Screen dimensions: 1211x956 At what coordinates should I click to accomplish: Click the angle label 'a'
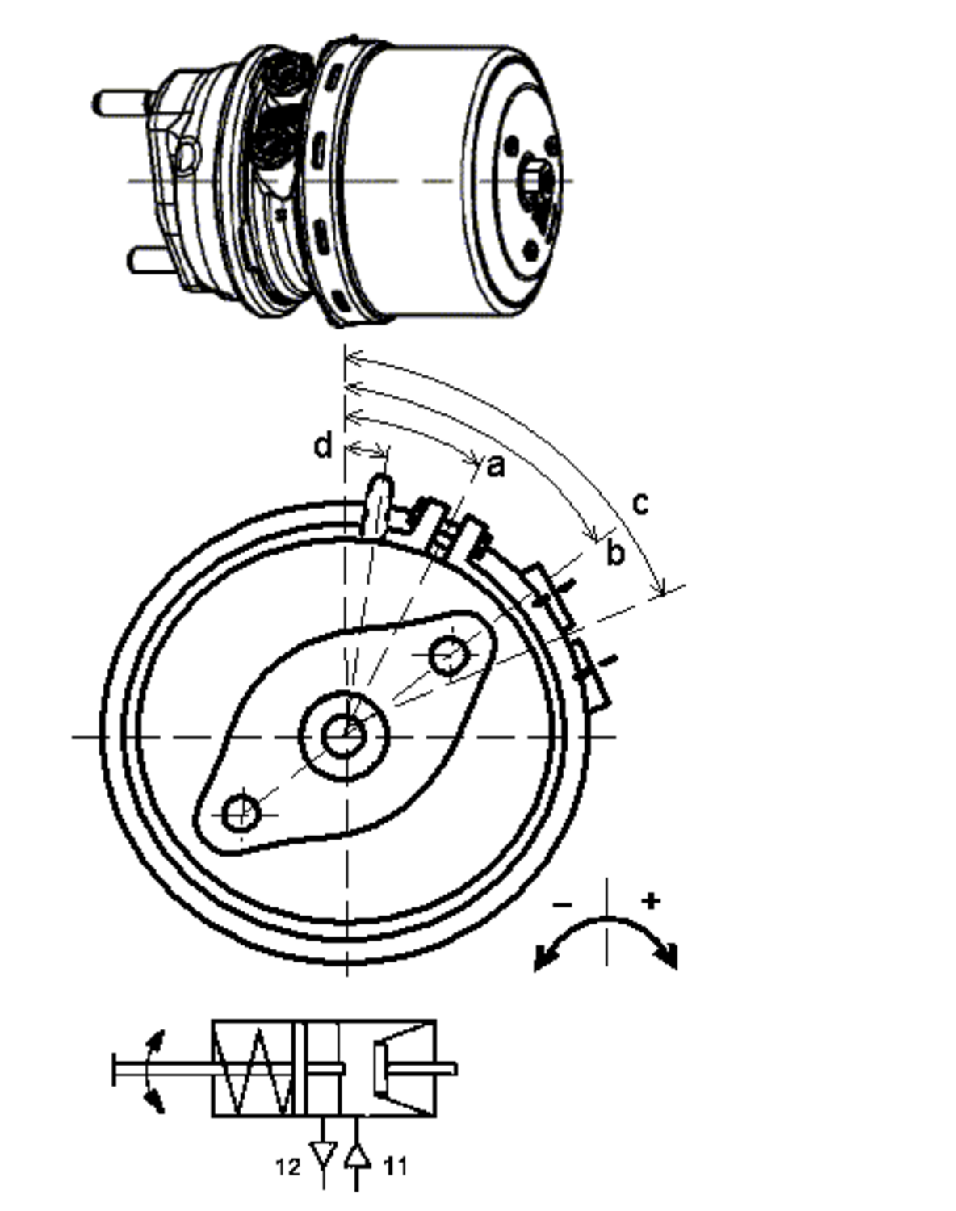pyautogui.click(x=496, y=466)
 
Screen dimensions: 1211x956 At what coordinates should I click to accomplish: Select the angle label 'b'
pyautogui.click(x=615, y=554)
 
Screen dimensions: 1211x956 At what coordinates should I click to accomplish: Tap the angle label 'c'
pyautogui.click(x=639, y=503)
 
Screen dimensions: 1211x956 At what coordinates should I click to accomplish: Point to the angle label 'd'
pyautogui.click(x=323, y=446)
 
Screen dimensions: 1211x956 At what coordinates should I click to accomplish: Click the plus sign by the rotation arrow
pyautogui.click(x=651, y=899)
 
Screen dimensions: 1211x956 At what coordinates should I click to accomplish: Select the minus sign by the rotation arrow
pyautogui.click(x=563, y=903)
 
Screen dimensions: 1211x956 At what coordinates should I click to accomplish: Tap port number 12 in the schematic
pyautogui.click(x=287, y=1167)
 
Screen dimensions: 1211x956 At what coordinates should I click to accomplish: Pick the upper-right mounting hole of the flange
pyautogui.click(x=447, y=655)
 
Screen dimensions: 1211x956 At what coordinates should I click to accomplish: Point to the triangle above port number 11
pyautogui.click(x=357, y=1156)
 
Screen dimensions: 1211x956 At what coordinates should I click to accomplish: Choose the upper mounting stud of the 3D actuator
pyautogui.click(x=121, y=103)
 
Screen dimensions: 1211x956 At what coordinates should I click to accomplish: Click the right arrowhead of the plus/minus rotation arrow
pyautogui.click(x=667, y=955)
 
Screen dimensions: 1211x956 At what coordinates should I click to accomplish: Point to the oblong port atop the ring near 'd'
pyautogui.click(x=377, y=505)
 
